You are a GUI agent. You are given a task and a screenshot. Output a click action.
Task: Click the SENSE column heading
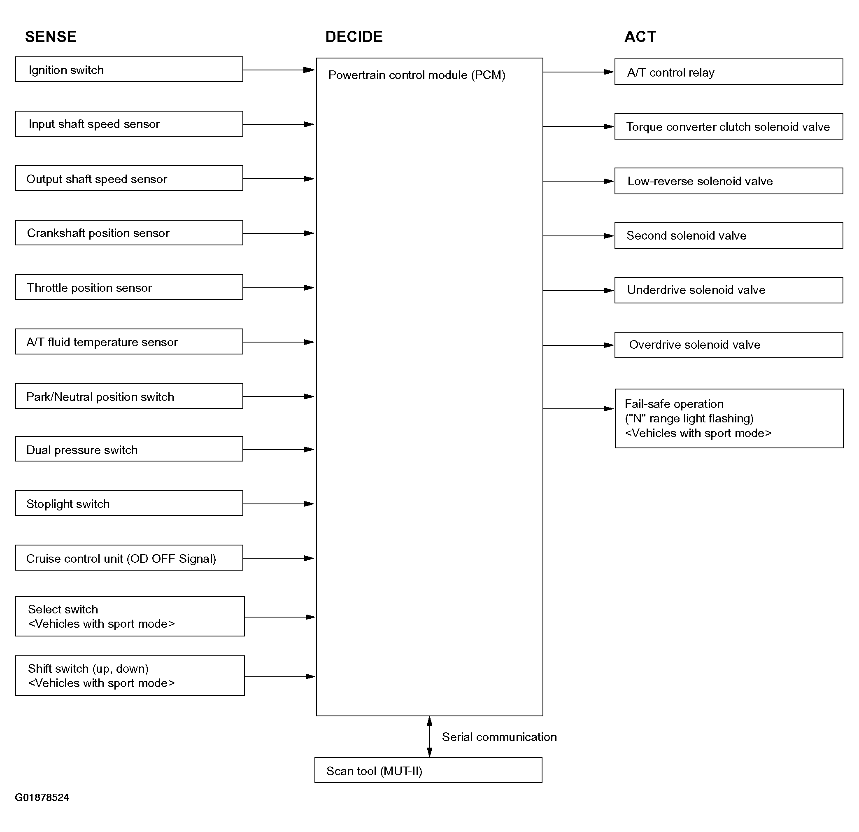point(51,37)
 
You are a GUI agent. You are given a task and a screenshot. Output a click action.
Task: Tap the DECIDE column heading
point(354,37)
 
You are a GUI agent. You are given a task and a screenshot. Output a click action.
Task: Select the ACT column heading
point(640,37)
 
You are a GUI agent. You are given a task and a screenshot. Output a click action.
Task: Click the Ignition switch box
point(129,69)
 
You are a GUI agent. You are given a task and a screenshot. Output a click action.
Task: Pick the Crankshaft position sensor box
point(129,233)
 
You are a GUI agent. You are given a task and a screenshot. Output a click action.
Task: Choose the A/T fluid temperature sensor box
point(129,341)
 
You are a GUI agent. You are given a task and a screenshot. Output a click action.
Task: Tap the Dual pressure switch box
point(129,449)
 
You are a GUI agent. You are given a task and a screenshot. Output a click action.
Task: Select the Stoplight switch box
point(129,503)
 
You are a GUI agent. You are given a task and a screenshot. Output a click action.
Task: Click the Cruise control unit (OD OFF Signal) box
point(129,557)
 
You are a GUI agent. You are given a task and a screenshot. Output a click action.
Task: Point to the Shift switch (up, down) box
point(130,676)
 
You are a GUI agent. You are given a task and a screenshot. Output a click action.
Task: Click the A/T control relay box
point(729,72)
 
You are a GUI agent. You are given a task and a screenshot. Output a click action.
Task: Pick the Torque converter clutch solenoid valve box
point(729,127)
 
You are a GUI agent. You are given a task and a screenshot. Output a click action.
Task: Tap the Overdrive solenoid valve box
point(729,345)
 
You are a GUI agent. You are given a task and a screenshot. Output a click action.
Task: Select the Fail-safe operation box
point(729,419)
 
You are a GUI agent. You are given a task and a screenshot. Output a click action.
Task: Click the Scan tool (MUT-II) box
point(428,770)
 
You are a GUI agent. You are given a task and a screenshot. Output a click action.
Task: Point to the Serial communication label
point(499,737)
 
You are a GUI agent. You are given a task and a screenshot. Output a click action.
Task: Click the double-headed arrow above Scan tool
point(430,737)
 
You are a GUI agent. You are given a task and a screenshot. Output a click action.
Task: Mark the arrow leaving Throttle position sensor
point(279,288)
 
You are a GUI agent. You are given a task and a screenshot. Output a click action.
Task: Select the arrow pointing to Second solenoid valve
point(579,236)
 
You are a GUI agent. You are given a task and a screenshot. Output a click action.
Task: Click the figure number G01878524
point(42,797)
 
